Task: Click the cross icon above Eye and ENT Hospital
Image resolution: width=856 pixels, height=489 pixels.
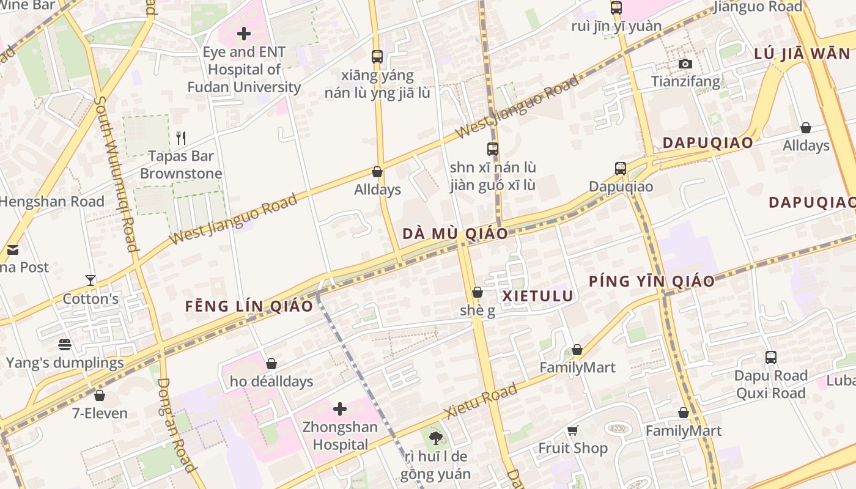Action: point(244,33)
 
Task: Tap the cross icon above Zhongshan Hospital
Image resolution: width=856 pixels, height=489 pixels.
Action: point(340,408)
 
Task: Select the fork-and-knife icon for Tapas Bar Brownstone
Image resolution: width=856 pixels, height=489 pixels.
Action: point(180,138)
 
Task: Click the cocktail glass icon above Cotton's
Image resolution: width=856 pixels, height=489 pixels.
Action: point(90,281)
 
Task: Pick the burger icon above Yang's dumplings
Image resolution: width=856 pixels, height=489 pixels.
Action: point(65,344)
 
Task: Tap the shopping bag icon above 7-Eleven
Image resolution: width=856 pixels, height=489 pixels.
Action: point(100,395)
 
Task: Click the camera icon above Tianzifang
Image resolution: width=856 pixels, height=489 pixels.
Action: point(685,64)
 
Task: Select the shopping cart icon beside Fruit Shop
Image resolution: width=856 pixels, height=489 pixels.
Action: point(573,430)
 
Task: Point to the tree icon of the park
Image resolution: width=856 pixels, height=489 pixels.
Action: point(435,437)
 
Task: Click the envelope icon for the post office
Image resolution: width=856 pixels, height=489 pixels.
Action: point(13,249)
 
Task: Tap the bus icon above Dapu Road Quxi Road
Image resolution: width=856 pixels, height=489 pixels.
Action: point(770,358)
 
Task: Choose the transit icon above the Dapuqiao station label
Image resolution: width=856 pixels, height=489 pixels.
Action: point(621,168)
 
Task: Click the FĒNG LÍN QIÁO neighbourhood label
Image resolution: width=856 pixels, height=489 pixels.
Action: point(249,306)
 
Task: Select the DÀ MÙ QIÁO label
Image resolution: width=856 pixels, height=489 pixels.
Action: point(456,233)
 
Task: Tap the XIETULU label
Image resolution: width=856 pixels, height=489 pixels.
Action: point(537,296)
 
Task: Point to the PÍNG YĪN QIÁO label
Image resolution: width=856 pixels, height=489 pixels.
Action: point(652,281)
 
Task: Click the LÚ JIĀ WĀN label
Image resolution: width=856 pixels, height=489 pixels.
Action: point(802,53)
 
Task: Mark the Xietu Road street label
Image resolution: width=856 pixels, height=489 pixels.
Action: point(482,400)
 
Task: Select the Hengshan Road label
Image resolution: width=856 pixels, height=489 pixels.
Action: point(52,201)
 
